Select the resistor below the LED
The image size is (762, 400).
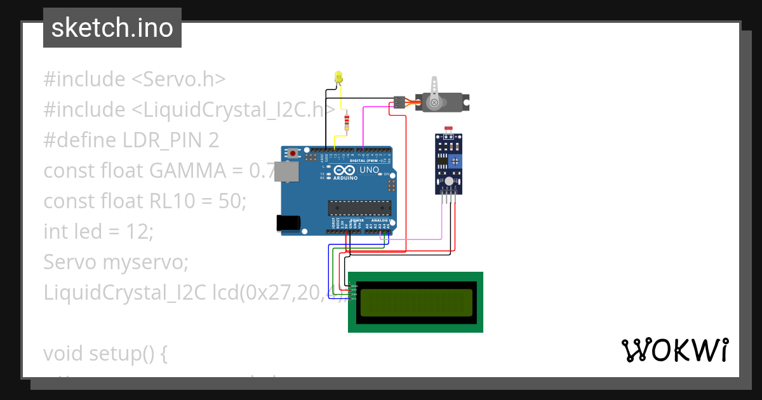coord(346,122)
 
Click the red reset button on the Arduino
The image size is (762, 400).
coord(293,154)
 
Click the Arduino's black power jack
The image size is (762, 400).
coord(288,222)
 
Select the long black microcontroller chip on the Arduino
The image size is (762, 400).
coord(359,208)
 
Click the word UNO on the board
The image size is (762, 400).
coord(370,170)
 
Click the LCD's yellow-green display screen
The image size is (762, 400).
coord(416,302)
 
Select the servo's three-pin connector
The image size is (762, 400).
coord(399,102)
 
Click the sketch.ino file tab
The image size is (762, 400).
coord(112,28)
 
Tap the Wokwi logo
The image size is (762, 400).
coord(674,350)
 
